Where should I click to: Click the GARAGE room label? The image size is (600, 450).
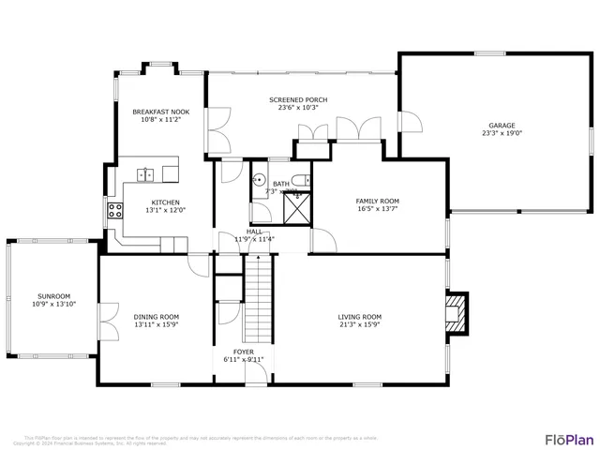[501, 125]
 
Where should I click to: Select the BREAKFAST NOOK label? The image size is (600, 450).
[160, 112]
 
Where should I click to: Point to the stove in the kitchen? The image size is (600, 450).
[115, 211]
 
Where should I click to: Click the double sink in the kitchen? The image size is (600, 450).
[147, 173]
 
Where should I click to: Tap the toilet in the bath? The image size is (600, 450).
[296, 181]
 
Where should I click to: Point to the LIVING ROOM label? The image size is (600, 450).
[360, 317]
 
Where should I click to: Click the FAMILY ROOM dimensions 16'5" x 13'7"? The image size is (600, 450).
[377, 209]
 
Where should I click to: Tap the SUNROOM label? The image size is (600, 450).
[53, 296]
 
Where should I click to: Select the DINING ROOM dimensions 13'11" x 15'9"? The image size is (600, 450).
[156, 324]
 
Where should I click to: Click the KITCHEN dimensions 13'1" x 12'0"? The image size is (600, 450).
[165, 210]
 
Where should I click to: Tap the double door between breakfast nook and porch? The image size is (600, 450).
[216, 131]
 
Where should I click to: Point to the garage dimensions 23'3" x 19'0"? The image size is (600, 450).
[501, 133]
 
